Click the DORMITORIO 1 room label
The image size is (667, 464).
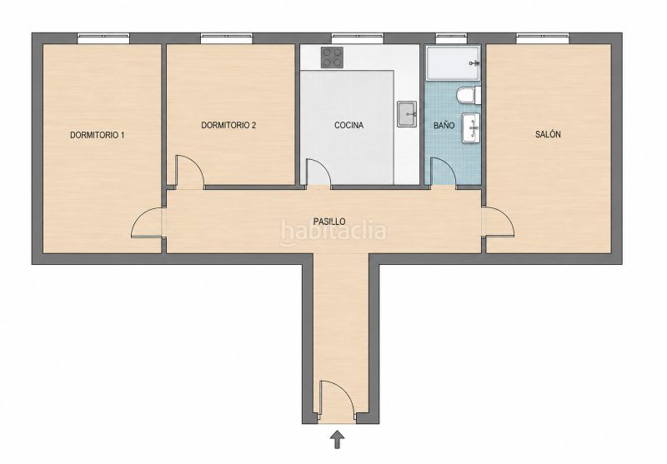point(97,136)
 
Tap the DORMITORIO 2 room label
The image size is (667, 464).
point(228,125)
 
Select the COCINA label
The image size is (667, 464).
point(349,125)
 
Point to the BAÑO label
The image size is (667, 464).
point(444,125)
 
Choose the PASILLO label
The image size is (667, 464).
point(329,222)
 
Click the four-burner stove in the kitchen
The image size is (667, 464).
point(332,57)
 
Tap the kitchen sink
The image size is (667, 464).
point(407,114)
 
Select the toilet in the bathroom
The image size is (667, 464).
point(468,95)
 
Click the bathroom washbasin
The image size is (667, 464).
point(471,127)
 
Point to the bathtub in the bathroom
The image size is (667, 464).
point(454,62)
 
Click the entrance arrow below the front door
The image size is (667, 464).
point(338,439)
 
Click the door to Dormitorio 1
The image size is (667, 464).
point(148,222)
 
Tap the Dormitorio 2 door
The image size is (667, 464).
point(190,172)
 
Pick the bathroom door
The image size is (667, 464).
point(444,172)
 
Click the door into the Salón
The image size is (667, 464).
point(499,222)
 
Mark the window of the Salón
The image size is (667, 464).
point(542,38)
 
